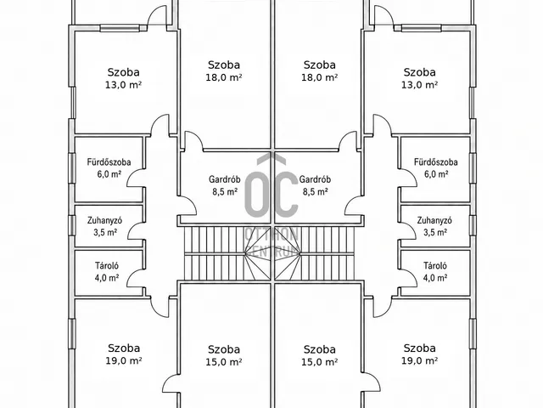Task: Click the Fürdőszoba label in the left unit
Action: pyautogui.click(x=109, y=162)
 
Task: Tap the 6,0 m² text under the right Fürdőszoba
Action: pyautogui.click(x=436, y=173)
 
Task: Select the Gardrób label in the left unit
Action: pyautogui.click(x=224, y=179)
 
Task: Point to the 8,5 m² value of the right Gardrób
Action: pyautogui.click(x=315, y=191)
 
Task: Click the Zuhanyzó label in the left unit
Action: pyautogui.click(x=104, y=220)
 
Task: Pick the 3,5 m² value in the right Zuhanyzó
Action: pyautogui.click(x=435, y=232)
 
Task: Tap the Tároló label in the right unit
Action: pyautogui.click(x=435, y=266)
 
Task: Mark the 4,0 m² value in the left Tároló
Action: pyautogui.click(x=107, y=278)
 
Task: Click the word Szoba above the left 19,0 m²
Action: pyautogui.click(x=124, y=348)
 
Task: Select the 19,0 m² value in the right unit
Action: pyautogui.click(x=419, y=360)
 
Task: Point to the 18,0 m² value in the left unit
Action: pyautogui.click(x=224, y=77)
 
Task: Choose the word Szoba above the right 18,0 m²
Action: pyautogui.click(x=320, y=65)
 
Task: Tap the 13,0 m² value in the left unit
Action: pyautogui.click(x=123, y=85)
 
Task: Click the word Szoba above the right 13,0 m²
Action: pyautogui.click(x=419, y=72)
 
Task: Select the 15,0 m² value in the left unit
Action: pyautogui.click(x=224, y=362)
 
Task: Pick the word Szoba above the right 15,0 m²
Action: pyautogui.click(x=320, y=349)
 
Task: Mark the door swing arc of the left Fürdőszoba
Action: pyautogui.click(x=130, y=176)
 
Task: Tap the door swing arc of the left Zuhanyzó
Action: pyautogui.click(x=131, y=229)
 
